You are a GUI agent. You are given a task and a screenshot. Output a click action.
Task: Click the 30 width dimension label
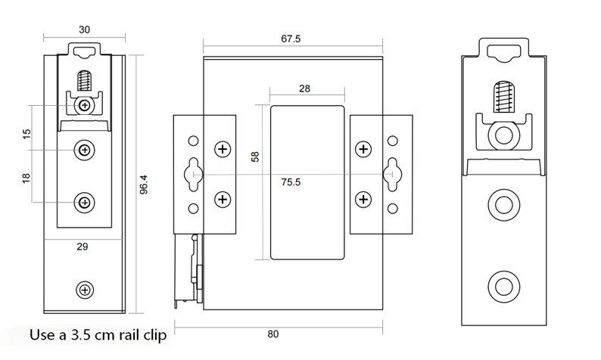[84, 29]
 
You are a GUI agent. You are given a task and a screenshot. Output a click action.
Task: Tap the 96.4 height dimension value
[144, 185]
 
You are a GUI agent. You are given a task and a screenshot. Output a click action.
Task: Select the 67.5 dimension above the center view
[291, 39]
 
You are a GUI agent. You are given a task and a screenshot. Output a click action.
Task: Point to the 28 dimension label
[304, 88]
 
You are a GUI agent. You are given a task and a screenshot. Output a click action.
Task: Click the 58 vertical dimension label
[255, 157]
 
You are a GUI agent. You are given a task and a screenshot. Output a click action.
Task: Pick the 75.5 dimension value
[291, 182]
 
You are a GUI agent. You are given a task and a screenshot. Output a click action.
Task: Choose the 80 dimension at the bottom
[273, 334]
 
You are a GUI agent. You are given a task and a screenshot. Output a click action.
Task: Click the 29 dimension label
[83, 247]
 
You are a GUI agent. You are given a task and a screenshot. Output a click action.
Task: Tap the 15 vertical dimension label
[26, 134]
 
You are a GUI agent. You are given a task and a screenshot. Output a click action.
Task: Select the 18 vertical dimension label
[26, 178]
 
